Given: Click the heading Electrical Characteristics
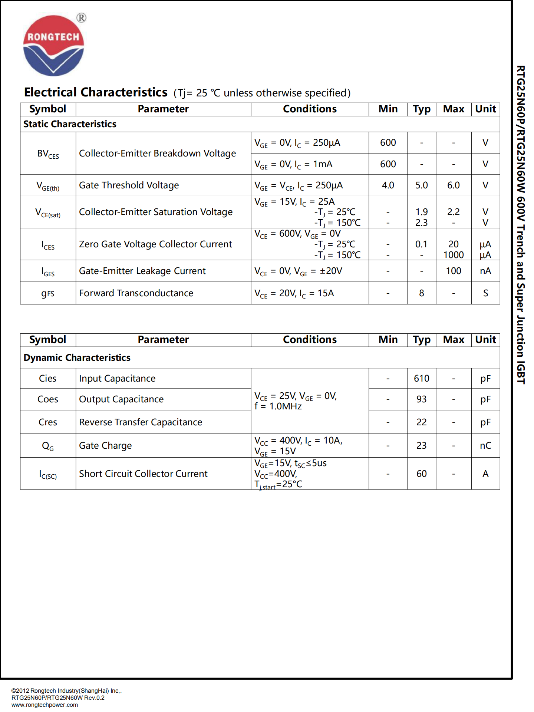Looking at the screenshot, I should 96,92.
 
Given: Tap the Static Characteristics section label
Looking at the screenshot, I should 70,124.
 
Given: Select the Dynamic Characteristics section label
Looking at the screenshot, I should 77,358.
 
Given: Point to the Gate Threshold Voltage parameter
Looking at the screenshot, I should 129,185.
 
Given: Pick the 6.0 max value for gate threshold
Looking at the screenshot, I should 453,185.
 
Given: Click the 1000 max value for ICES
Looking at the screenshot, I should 453,255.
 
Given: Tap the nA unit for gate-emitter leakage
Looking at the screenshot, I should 485,271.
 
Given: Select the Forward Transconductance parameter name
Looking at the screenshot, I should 136,293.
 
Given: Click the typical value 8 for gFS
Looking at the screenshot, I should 421,293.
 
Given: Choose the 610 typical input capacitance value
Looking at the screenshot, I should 421,379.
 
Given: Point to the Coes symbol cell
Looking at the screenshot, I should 48,399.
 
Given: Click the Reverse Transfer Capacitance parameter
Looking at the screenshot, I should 141,422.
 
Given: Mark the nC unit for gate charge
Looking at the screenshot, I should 485,446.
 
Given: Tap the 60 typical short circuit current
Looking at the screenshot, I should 421,474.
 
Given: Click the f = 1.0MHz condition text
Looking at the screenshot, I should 278,406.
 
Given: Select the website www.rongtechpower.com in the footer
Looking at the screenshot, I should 44,705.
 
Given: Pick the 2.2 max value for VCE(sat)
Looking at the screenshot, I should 453,212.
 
